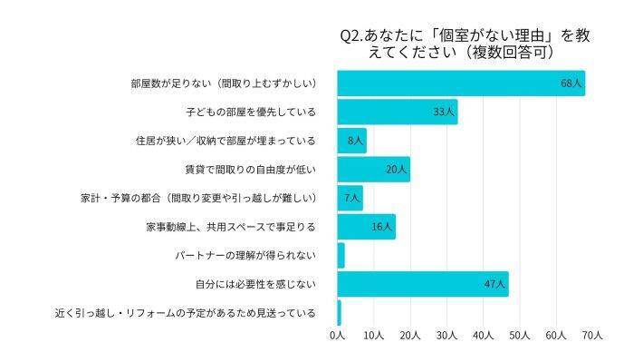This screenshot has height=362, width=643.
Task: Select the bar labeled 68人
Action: pyautogui.click(x=461, y=83)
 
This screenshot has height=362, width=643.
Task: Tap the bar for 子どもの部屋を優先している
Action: pyautogui.click(x=397, y=113)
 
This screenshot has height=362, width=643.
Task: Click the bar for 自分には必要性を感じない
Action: pyautogui.click(x=422, y=284)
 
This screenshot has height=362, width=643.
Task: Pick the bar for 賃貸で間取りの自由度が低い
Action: pyautogui.click(x=373, y=170)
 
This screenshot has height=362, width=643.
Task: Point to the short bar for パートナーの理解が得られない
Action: pyautogui.click(x=341, y=256)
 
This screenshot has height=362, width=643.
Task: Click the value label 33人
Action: pyautogui.click(x=444, y=113)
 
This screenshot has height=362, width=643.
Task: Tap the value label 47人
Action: pyautogui.click(x=494, y=284)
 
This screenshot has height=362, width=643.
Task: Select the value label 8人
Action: pyautogui.click(x=355, y=142)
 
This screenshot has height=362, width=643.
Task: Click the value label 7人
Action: pyautogui.click(x=351, y=199)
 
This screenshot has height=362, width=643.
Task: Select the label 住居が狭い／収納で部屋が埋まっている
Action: pyautogui.click(x=224, y=142)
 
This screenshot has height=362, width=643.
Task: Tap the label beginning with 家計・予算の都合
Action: pyautogui.click(x=197, y=199)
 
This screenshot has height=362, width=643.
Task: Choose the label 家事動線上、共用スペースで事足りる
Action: pyautogui.click(x=230, y=227)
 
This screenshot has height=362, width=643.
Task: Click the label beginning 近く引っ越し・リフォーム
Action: pyautogui.click(x=185, y=313)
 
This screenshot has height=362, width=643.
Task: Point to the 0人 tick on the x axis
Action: pyautogui.click(x=337, y=336)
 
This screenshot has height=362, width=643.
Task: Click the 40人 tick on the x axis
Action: pyautogui.click(x=483, y=336)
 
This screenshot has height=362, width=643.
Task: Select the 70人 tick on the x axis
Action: pyautogui.click(x=592, y=336)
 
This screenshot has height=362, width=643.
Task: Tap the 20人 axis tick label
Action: pyautogui.click(x=409, y=336)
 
